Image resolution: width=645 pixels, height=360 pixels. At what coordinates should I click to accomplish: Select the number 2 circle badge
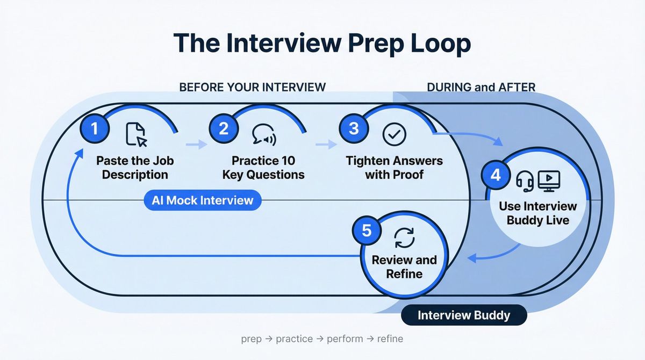(x=224, y=129)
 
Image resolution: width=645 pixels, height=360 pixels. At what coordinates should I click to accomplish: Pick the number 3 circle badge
(x=354, y=129)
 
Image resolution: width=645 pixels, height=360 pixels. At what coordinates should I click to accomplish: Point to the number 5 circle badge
(x=367, y=231)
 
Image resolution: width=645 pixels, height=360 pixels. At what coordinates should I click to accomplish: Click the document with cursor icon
(x=135, y=134)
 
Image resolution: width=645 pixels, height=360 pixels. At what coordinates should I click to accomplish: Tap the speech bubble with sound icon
(x=263, y=135)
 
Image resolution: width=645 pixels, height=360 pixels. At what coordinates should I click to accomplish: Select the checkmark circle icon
(x=391, y=134)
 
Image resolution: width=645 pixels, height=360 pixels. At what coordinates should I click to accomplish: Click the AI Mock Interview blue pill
(x=202, y=200)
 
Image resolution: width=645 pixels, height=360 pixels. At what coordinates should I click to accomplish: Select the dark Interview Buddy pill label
(x=464, y=315)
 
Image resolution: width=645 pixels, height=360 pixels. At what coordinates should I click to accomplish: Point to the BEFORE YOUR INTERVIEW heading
(x=252, y=87)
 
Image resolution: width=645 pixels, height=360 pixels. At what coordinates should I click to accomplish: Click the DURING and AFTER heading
(x=481, y=87)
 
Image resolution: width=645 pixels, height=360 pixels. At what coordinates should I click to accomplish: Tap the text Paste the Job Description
(x=135, y=168)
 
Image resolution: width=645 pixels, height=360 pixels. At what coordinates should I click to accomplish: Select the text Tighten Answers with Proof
(x=394, y=168)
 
